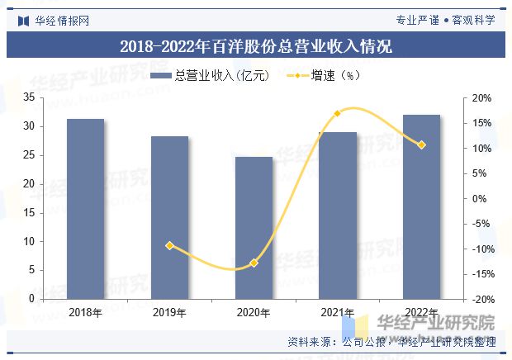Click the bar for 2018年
click(x=85, y=208)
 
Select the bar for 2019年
click(x=169, y=217)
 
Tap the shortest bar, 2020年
click(x=254, y=227)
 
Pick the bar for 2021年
click(x=338, y=215)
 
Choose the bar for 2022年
click(x=421, y=206)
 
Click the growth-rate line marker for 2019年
click(x=169, y=245)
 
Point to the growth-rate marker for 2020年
click(x=254, y=263)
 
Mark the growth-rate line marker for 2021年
click(x=338, y=113)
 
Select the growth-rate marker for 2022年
click(x=421, y=144)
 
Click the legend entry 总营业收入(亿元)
click(x=211, y=75)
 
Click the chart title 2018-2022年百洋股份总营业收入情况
click(x=256, y=46)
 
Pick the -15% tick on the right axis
click(x=482, y=273)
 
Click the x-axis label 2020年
click(x=254, y=312)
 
